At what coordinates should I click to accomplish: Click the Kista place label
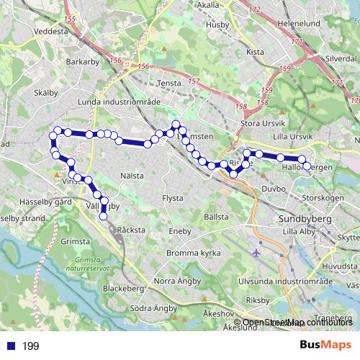256,52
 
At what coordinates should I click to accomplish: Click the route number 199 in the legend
30,346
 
